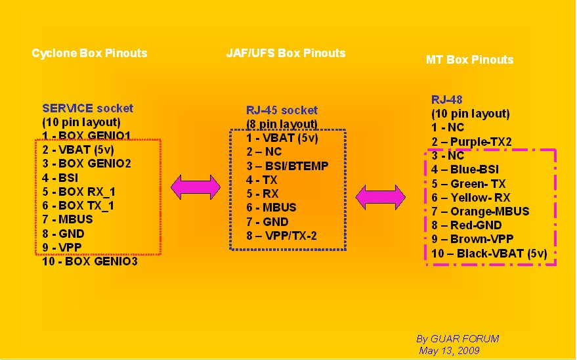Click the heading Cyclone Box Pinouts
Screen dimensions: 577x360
(x=89, y=53)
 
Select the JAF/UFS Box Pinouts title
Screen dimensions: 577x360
(x=286, y=53)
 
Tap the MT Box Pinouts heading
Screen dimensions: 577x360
(x=469, y=60)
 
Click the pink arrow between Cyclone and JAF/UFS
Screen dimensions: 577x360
(x=196, y=187)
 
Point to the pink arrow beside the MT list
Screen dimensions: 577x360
(x=380, y=197)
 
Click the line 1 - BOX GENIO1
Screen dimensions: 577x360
(x=87, y=136)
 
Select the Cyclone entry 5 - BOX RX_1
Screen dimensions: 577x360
(x=79, y=192)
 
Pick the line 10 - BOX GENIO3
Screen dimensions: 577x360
(x=90, y=261)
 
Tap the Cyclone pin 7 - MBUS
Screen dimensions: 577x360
(x=68, y=219)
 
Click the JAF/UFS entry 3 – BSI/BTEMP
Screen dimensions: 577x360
(x=288, y=166)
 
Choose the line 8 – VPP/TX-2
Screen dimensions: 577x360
(x=282, y=236)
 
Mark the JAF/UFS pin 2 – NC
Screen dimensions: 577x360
(x=264, y=152)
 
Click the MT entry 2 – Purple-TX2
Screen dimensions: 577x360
(x=471, y=142)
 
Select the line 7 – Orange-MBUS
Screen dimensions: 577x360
(x=481, y=212)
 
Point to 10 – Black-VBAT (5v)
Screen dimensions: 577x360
(x=489, y=254)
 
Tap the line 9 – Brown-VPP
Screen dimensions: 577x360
(x=472, y=239)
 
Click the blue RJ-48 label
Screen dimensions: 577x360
(x=447, y=100)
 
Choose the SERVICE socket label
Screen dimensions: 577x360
(x=87, y=108)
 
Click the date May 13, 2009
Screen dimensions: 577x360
(x=449, y=351)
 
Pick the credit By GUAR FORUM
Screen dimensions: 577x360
(x=458, y=339)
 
